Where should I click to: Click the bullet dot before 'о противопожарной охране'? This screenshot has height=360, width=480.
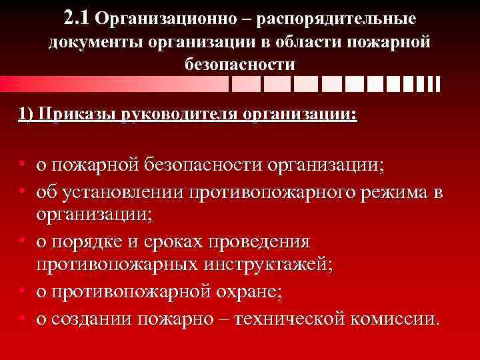click(23, 291)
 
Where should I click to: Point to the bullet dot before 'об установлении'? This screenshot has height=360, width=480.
click(23, 193)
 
